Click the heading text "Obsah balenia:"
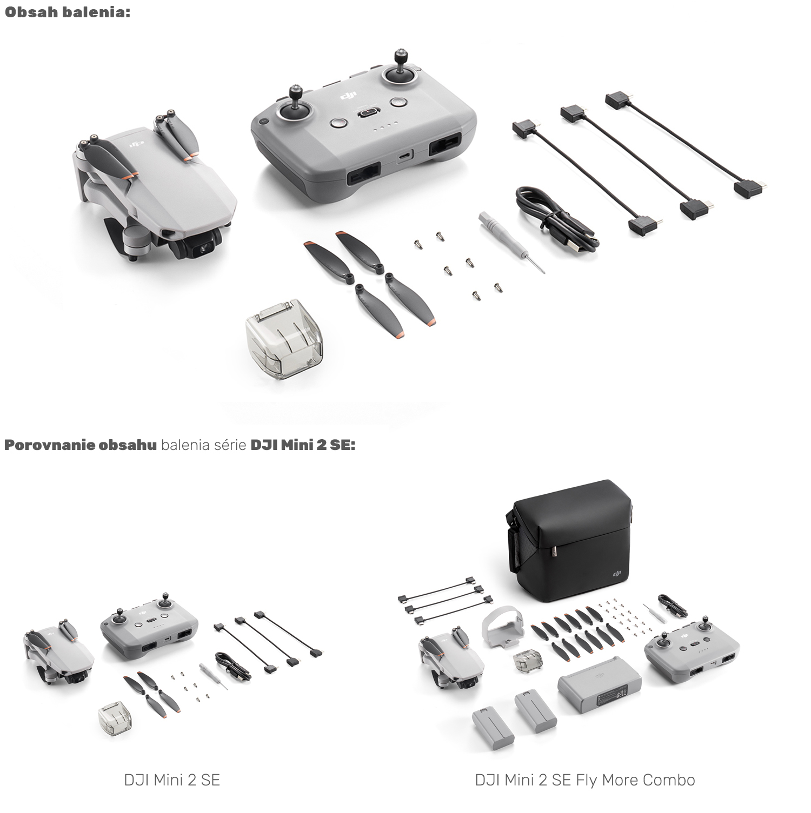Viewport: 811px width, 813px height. (x=68, y=12)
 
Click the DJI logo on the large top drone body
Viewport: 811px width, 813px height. (x=136, y=145)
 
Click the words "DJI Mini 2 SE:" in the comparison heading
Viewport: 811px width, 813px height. (x=302, y=445)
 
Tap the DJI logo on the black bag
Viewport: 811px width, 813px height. (x=617, y=574)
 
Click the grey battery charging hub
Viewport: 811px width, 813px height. (x=600, y=685)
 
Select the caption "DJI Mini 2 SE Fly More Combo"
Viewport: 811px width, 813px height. (x=585, y=780)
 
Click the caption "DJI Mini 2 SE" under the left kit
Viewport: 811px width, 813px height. (x=172, y=780)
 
